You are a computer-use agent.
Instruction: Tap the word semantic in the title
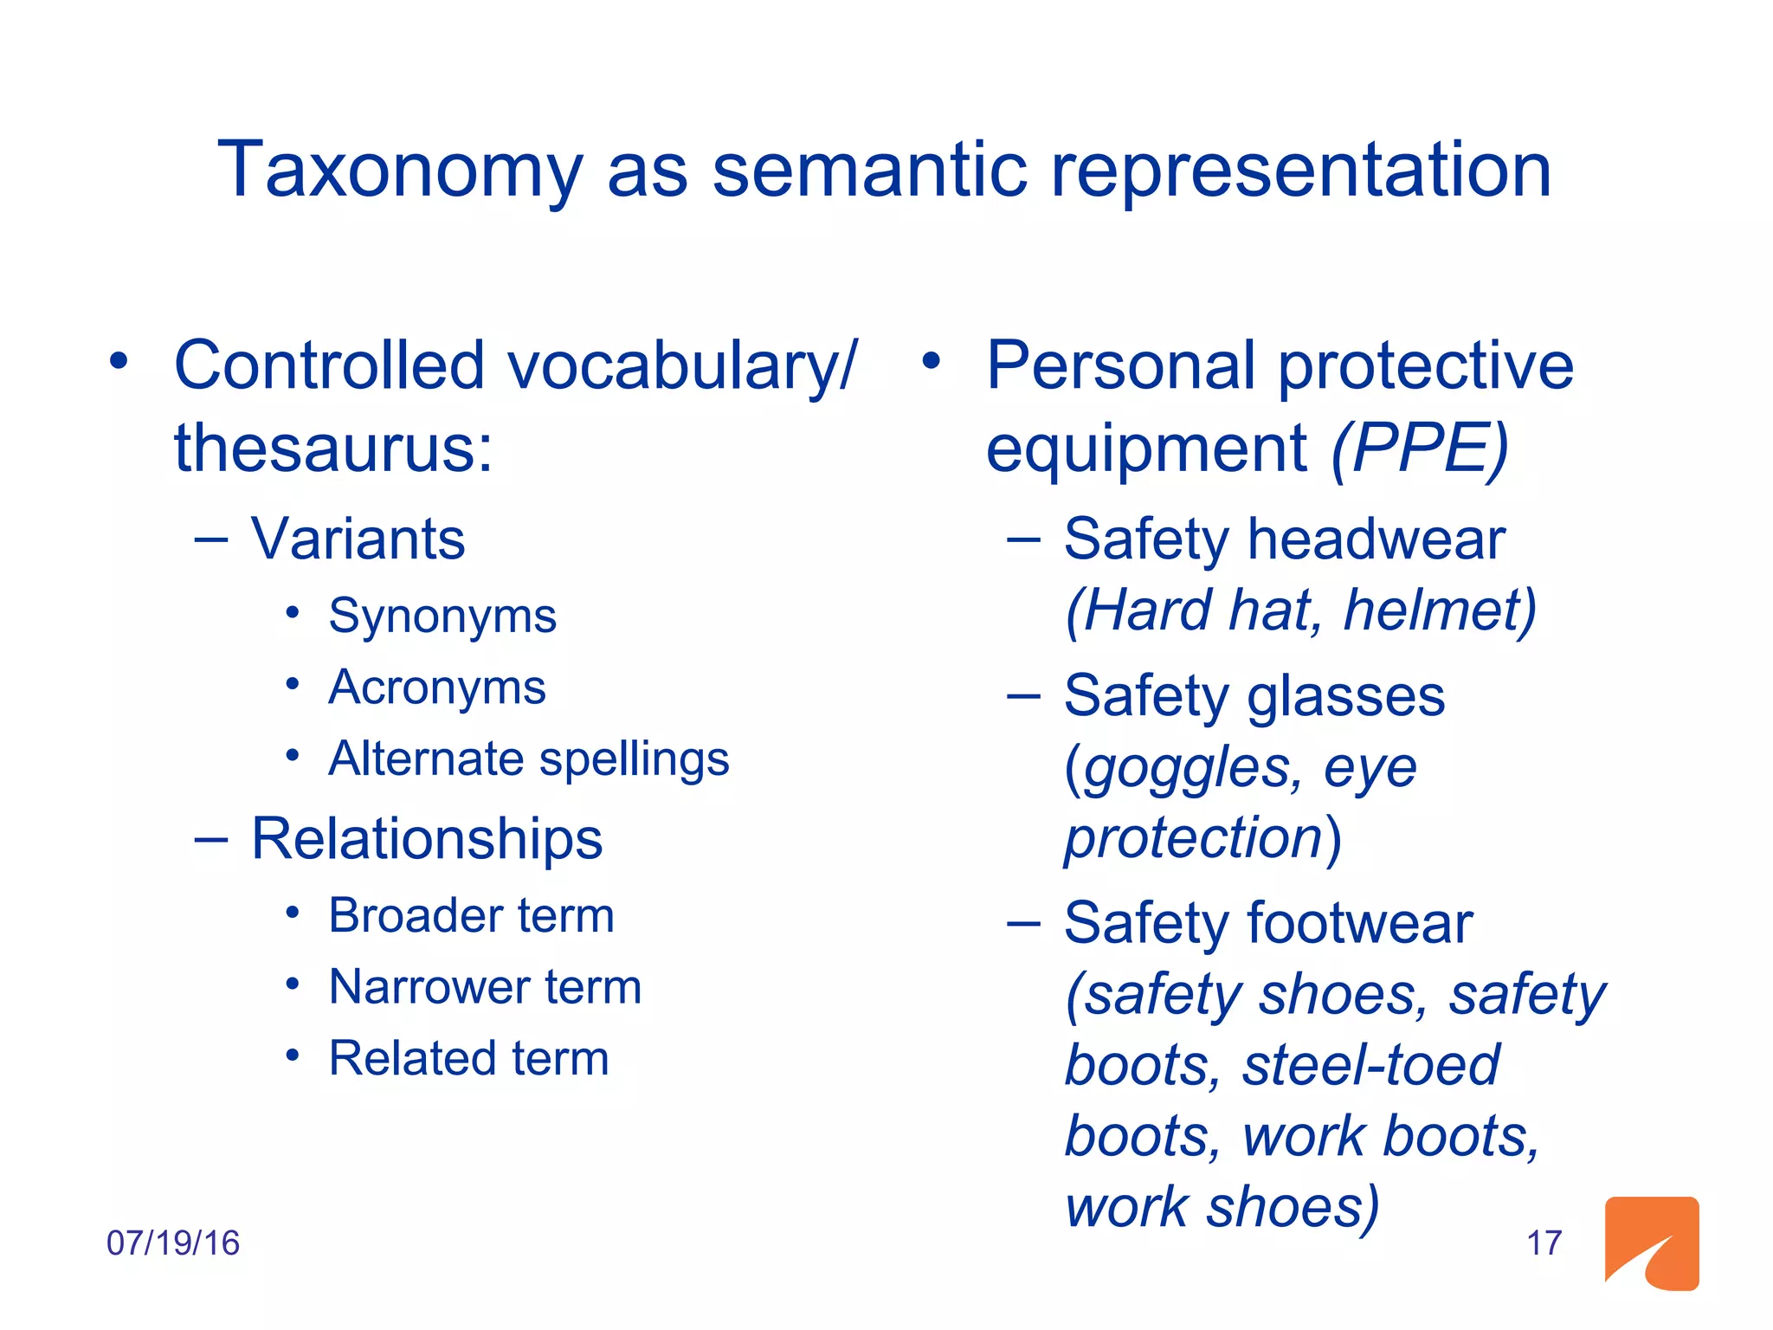click(x=869, y=170)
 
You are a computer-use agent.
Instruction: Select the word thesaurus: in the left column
click(x=333, y=449)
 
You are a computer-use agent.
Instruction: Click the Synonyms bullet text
click(x=442, y=617)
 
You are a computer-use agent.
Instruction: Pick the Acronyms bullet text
click(x=437, y=688)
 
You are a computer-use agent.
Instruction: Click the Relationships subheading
click(x=427, y=839)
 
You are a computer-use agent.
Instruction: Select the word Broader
click(x=410, y=916)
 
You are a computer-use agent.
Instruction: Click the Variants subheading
click(x=358, y=539)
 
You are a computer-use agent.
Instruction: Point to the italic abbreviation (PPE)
click(x=1420, y=449)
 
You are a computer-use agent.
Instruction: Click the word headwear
click(x=1376, y=539)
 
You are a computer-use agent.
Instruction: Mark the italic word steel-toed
click(x=1370, y=1065)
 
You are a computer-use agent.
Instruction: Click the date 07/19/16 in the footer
click(x=172, y=1243)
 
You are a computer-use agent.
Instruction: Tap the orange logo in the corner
click(x=1651, y=1243)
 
